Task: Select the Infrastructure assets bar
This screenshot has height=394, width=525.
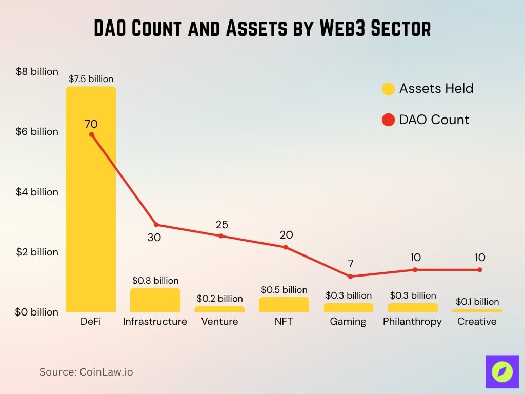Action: [x=155, y=300]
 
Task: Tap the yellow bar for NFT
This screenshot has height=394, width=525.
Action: [x=284, y=305]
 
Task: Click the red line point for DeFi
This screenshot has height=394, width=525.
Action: [x=91, y=134]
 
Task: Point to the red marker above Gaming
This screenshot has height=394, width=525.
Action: [x=350, y=277]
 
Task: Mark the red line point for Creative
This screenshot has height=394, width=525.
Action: [x=479, y=270]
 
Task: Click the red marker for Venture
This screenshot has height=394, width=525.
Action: [x=221, y=236]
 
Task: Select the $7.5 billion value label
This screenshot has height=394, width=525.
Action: [x=91, y=79]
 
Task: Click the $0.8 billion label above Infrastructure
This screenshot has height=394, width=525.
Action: [x=155, y=281]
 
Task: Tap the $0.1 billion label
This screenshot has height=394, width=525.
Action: [x=477, y=302]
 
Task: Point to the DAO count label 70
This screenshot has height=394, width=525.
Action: [x=91, y=124]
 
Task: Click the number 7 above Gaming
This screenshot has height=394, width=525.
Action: [x=351, y=264]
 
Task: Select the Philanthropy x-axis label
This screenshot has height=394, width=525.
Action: [x=412, y=322]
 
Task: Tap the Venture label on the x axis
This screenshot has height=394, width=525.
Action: [x=219, y=322]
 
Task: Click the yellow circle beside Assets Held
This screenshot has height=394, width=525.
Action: [x=389, y=89]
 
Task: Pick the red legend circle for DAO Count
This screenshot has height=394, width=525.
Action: [x=389, y=120]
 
